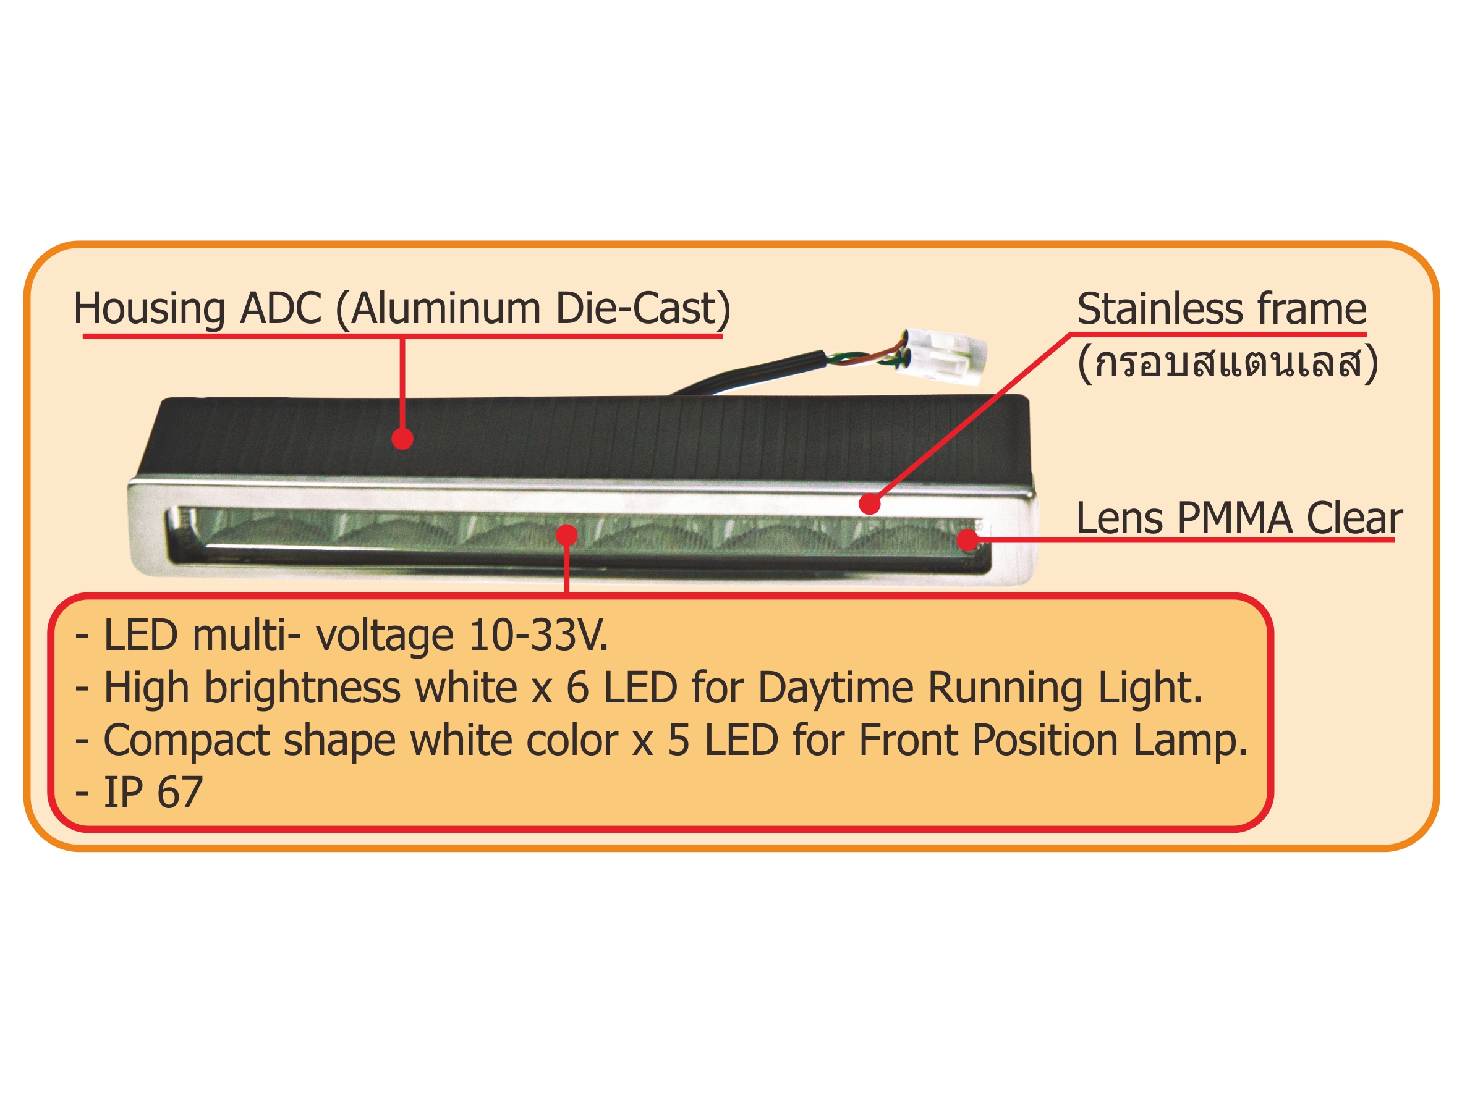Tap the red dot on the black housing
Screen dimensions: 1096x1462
click(402, 439)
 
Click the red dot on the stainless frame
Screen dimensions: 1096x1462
click(870, 504)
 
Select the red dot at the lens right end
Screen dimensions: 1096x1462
click(967, 540)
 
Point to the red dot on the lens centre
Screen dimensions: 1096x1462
click(566, 535)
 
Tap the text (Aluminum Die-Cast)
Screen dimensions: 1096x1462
click(533, 308)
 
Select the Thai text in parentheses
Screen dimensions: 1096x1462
click(1227, 362)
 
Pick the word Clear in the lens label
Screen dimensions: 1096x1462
click(1354, 518)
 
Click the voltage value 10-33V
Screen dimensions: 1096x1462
click(537, 636)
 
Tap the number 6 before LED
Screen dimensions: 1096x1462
click(577, 688)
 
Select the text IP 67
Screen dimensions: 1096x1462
click(153, 792)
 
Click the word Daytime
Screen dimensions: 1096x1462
click(836, 688)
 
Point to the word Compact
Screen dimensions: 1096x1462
click(185, 741)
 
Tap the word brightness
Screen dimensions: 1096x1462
click(302, 688)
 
